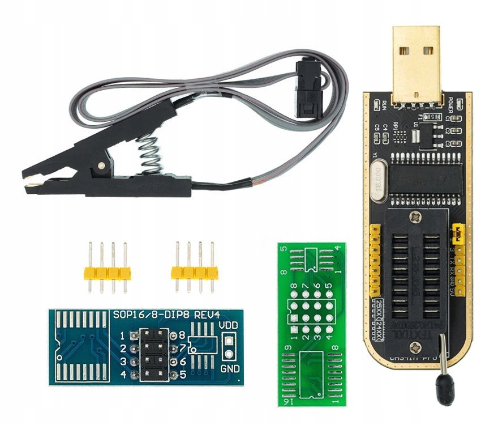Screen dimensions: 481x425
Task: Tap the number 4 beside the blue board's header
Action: (123, 375)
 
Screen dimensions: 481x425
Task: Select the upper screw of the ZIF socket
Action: (416, 216)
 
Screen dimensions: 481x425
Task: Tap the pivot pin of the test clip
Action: (101, 166)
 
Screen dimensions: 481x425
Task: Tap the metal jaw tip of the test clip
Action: (33, 185)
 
